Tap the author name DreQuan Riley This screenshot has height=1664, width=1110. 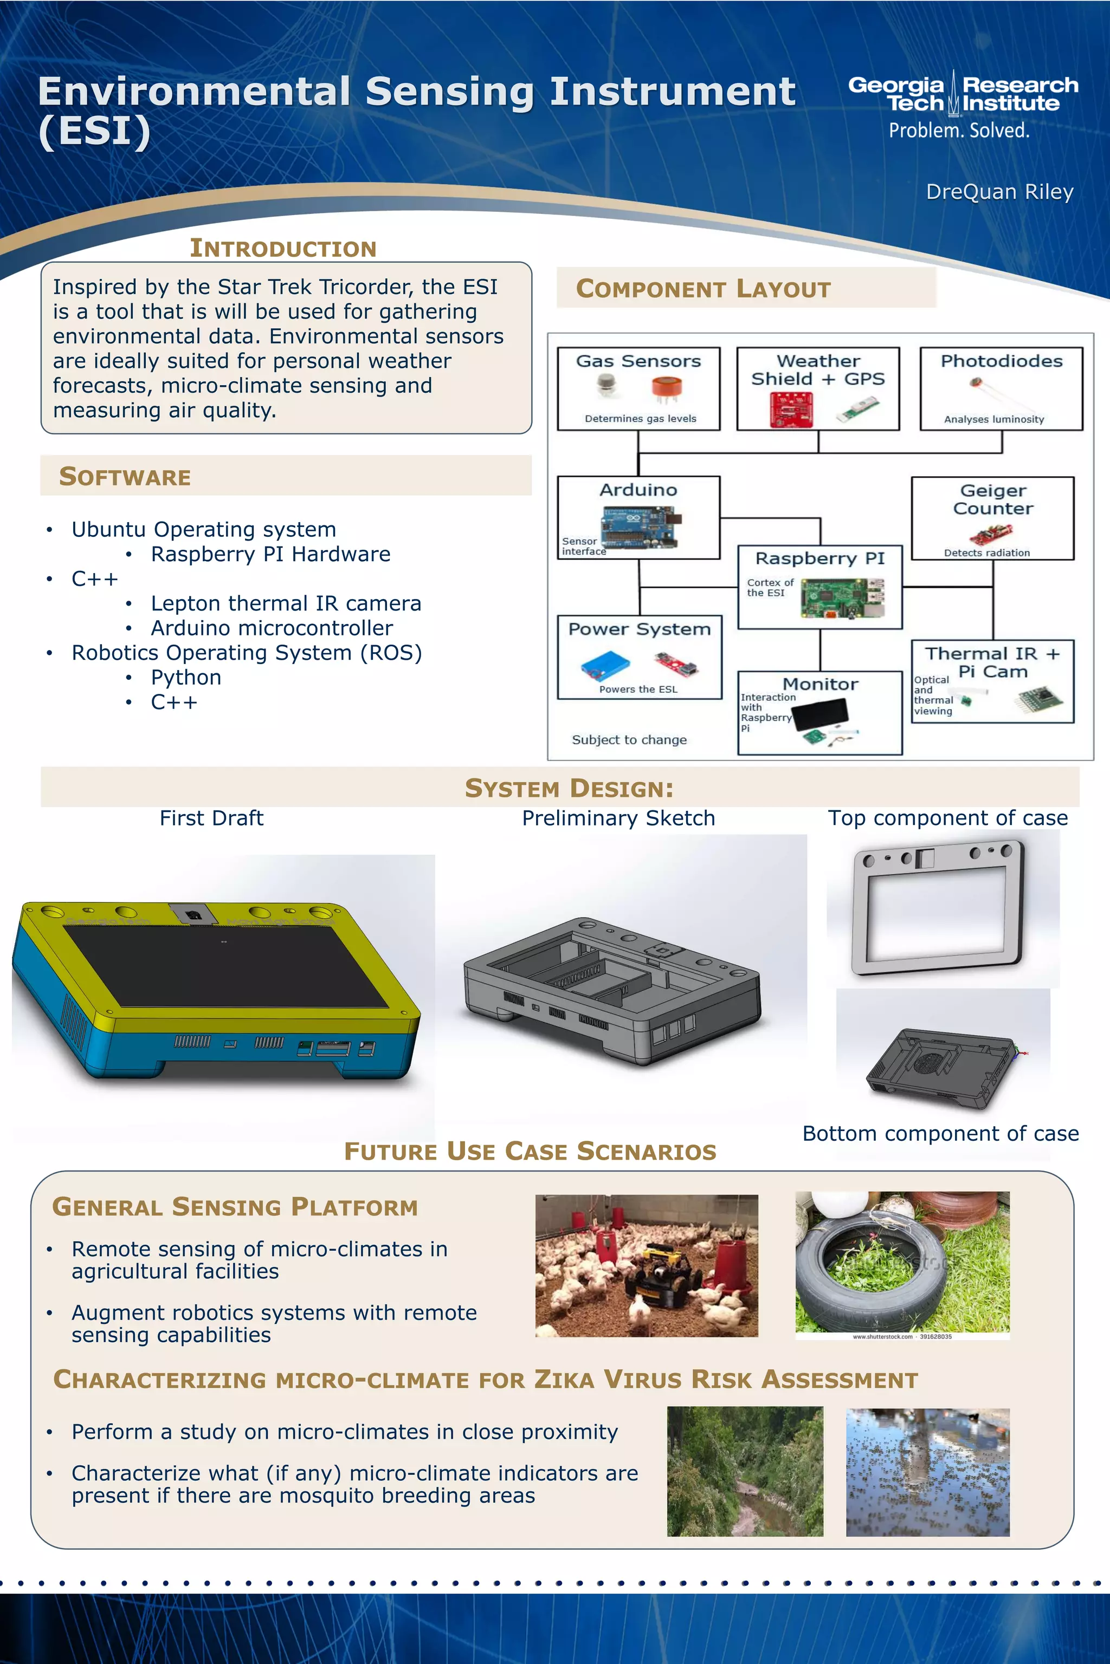pos(999,192)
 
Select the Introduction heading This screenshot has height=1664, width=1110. pos(283,248)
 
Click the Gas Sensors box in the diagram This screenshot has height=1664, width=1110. pos(638,388)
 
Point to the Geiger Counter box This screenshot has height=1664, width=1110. pos(992,518)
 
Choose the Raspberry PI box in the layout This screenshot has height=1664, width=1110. pos(819,587)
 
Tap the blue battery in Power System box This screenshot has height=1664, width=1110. pos(606,666)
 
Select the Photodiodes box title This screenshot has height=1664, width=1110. pos(1002,361)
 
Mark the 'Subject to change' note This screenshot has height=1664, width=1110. pos(629,739)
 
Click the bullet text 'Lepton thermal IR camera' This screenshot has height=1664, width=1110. pos(286,603)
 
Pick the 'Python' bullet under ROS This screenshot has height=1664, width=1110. pos(186,677)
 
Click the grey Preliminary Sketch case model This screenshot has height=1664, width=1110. pos(612,991)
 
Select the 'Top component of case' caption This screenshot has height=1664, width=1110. pos(948,818)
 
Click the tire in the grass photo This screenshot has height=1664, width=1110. pos(871,1266)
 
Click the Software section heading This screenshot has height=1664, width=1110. pos(125,476)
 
